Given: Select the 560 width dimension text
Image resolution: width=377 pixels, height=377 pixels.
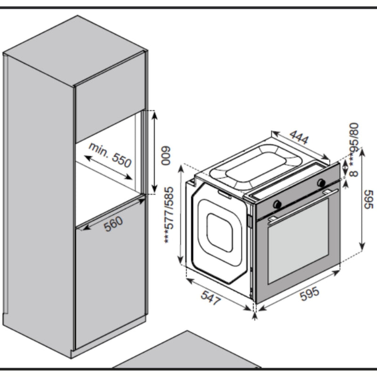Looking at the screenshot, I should [x=114, y=223].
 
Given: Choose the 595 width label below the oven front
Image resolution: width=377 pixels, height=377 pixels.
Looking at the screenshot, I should [x=310, y=292].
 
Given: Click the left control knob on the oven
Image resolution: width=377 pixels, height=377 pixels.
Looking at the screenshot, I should [x=277, y=203].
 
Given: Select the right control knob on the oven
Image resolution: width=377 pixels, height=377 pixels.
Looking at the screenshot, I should [x=321, y=182].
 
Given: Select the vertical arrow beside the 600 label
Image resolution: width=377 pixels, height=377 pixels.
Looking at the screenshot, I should [x=154, y=152].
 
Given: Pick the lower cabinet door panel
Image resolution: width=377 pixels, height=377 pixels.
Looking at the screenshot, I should [x=108, y=283].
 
